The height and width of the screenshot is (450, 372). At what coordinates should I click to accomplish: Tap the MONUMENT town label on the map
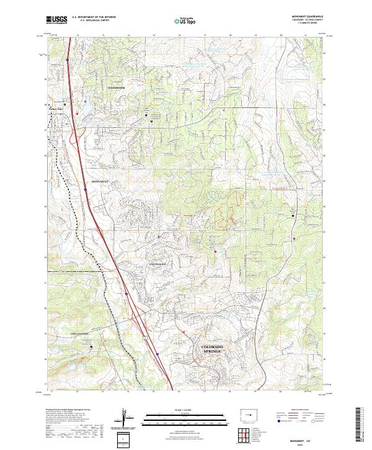click(100, 181)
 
